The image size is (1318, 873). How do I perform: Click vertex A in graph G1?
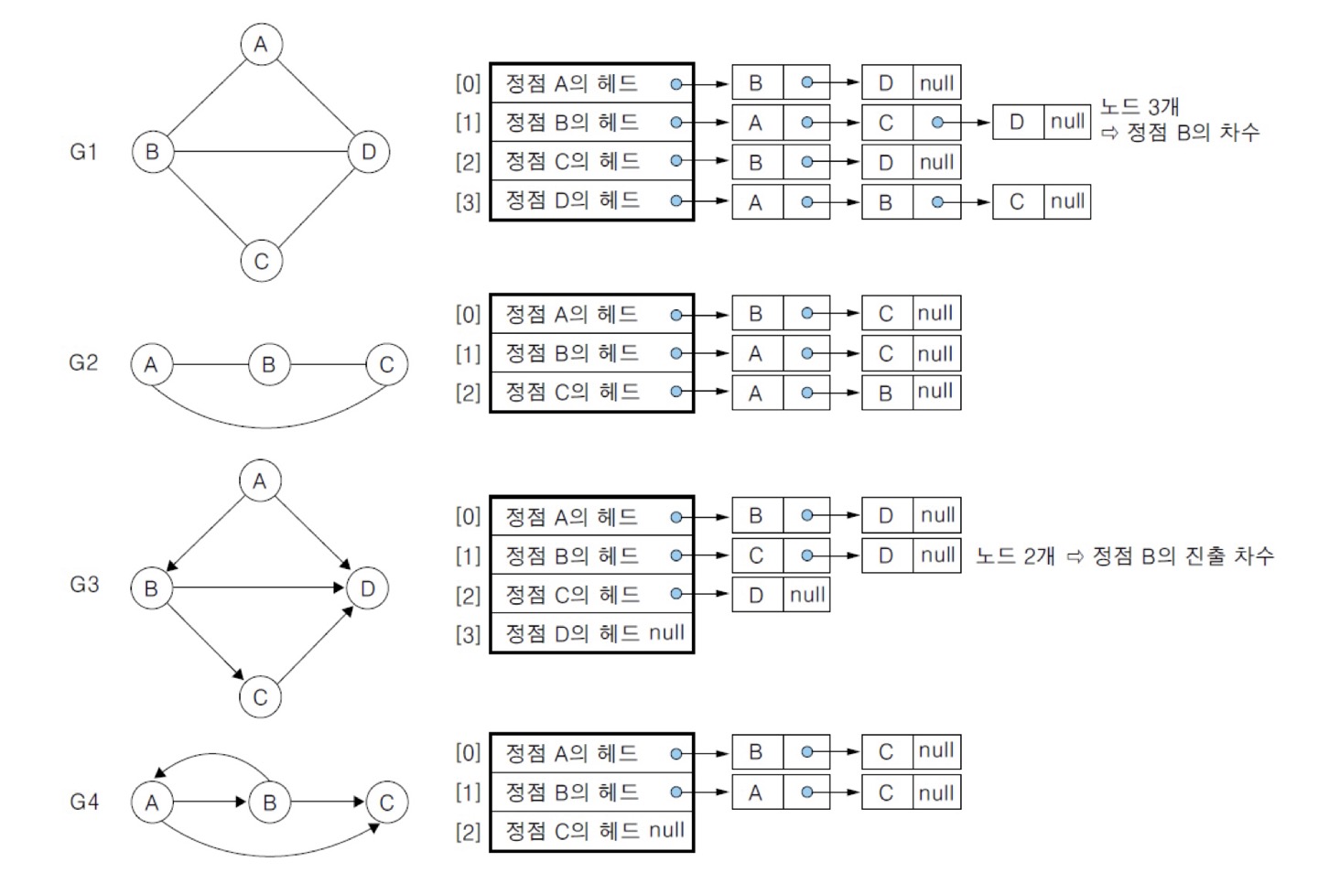click(261, 44)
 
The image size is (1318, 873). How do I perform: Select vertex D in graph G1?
click(369, 152)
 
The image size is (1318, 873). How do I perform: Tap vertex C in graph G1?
click(261, 261)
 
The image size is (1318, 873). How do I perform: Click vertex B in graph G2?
click(268, 365)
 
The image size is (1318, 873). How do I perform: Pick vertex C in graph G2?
click(386, 365)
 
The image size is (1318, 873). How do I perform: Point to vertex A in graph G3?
click(260, 481)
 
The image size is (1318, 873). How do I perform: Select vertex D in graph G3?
click(368, 588)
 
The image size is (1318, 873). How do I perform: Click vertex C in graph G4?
click(386, 803)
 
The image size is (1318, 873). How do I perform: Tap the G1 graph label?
click(83, 152)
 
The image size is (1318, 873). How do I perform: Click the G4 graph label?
click(83, 803)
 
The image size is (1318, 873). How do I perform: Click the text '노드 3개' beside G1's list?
click(1139, 107)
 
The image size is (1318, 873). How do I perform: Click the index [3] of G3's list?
click(468, 634)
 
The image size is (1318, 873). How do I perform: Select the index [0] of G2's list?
click(468, 314)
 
